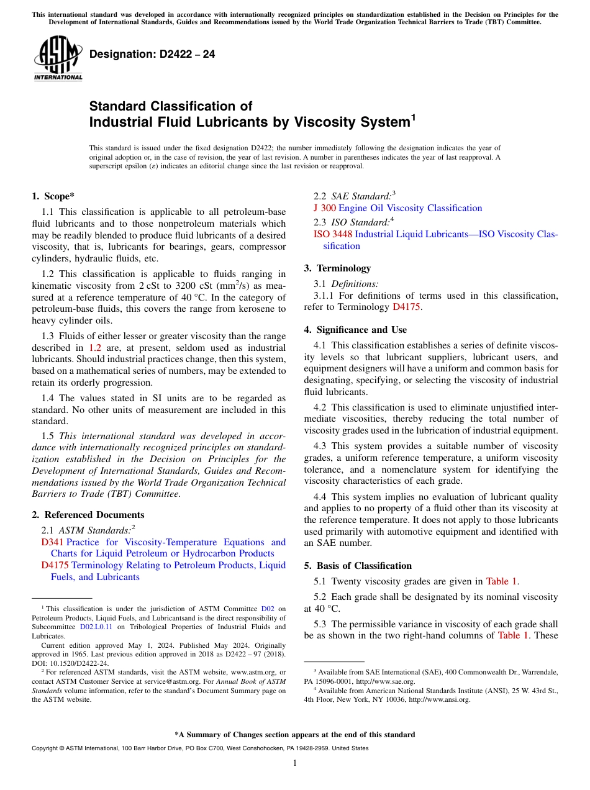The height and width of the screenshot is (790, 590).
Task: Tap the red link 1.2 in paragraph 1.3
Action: tap(95, 348)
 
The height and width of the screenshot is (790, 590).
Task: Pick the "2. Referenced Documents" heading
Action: tap(88, 515)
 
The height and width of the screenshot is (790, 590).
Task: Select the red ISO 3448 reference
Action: tap(333, 234)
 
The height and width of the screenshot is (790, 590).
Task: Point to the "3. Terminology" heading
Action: tap(337, 268)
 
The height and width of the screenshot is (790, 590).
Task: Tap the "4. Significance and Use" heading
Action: tap(355, 330)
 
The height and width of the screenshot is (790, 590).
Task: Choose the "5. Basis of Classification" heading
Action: tap(358, 566)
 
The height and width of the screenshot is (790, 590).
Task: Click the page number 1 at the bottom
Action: tap(295, 763)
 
